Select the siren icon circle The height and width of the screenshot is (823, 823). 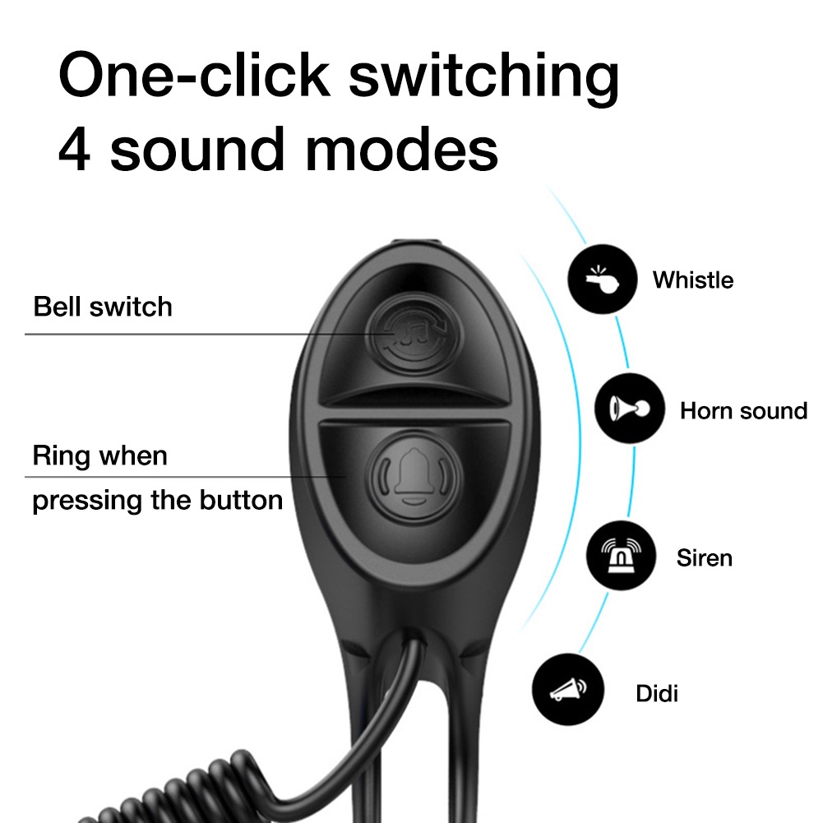click(621, 557)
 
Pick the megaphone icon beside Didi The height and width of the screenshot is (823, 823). click(567, 691)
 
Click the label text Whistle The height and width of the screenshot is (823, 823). click(692, 280)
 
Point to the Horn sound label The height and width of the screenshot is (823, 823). click(743, 410)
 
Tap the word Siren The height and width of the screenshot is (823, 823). click(704, 558)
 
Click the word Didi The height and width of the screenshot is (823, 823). click(657, 693)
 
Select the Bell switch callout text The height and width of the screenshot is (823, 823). click(103, 307)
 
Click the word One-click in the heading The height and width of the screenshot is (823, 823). click(194, 77)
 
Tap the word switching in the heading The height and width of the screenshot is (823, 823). click(483, 77)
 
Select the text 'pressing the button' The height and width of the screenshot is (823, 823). click(157, 500)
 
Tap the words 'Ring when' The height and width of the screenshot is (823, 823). click(99, 455)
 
